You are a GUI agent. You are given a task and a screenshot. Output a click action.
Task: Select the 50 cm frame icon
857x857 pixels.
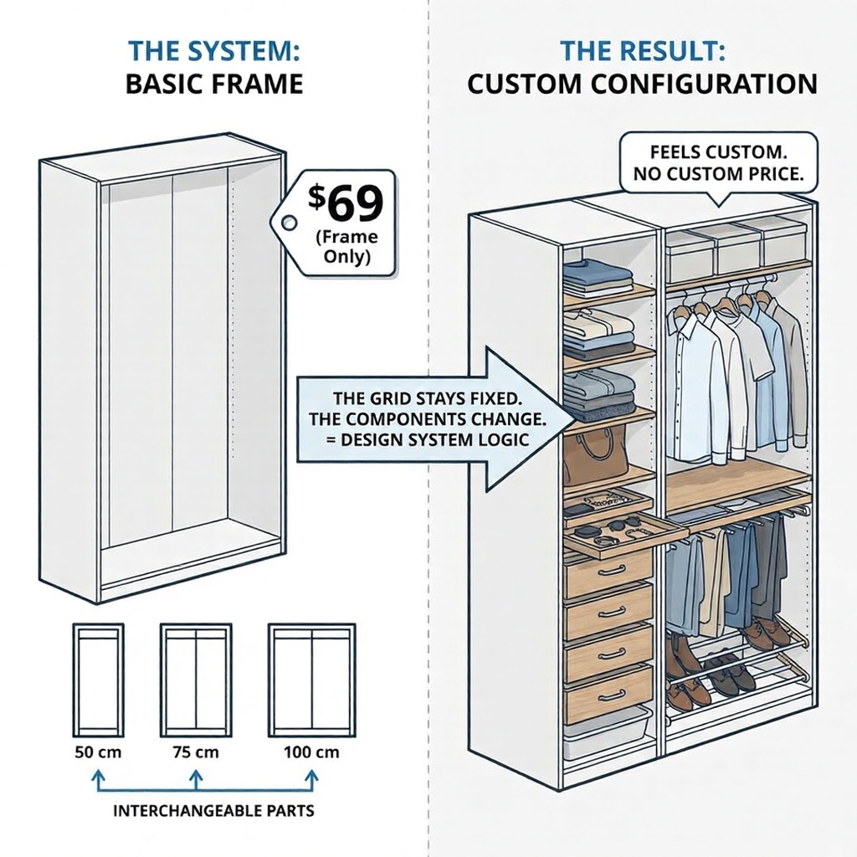point(98,680)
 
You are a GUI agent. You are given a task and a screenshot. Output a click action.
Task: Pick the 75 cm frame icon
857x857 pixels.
point(196,680)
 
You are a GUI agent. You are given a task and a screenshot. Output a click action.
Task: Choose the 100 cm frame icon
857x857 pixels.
point(310,680)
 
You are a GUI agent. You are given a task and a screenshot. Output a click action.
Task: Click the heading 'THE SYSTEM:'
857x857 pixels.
point(213,50)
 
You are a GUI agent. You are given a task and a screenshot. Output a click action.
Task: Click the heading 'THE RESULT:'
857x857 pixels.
point(642,50)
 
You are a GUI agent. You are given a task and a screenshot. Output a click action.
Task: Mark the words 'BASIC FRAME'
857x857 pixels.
point(213,85)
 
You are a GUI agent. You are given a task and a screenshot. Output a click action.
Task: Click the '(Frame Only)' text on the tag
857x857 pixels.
point(346,246)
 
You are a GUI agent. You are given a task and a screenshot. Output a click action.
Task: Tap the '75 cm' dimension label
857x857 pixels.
point(196,752)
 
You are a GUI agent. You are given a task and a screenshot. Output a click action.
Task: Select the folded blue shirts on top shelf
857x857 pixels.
point(597,277)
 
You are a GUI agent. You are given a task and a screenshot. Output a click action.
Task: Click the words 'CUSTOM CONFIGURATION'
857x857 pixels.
point(642,85)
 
